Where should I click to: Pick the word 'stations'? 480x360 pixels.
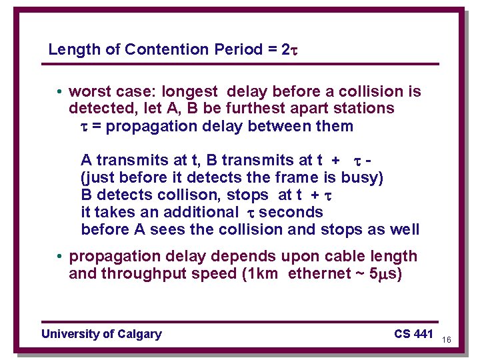(364, 109)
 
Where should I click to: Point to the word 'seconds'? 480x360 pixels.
(291, 213)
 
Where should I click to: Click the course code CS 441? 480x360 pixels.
(413, 334)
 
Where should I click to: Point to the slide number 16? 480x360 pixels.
(447, 340)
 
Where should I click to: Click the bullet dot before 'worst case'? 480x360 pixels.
(60, 92)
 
